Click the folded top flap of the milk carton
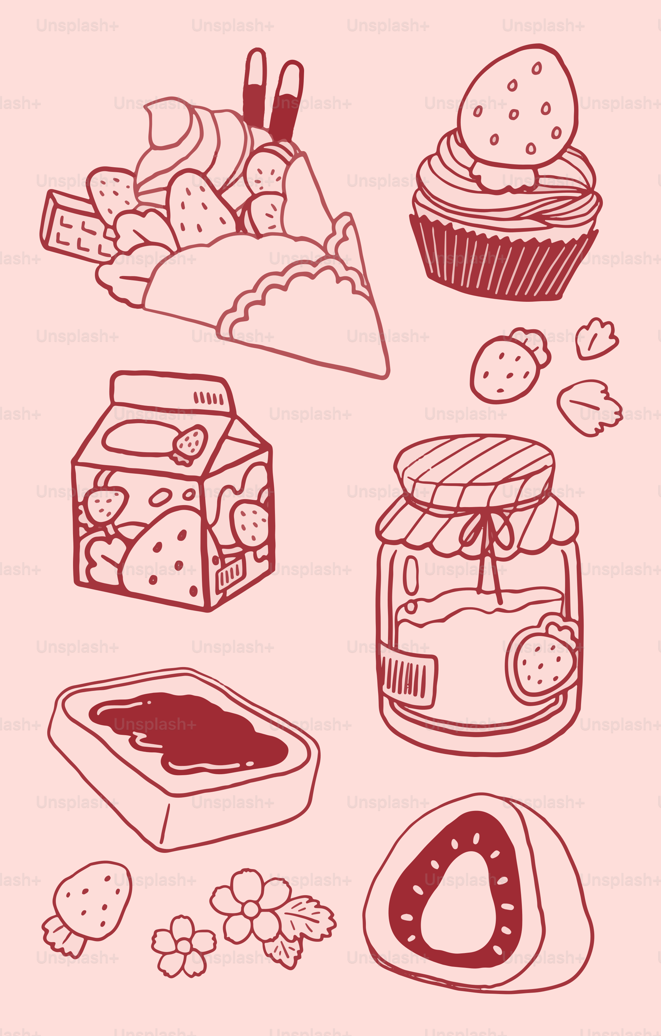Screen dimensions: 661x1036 click(172, 391)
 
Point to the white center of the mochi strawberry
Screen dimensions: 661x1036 click(458, 903)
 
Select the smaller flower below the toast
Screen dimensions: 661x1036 click(184, 946)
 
